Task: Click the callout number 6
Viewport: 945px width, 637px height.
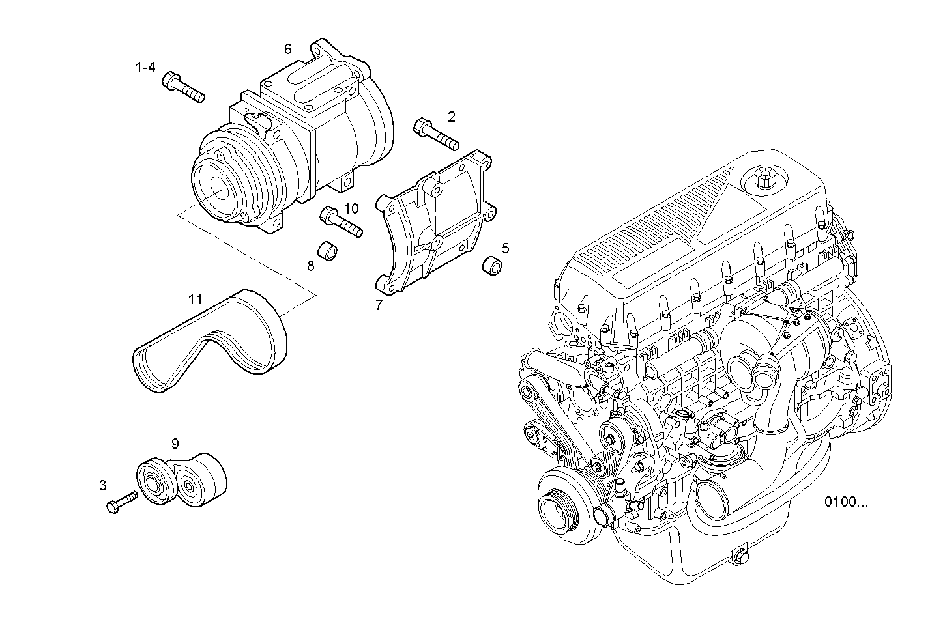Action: (x=287, y=49)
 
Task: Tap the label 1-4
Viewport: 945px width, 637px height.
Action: (x=145, y=67)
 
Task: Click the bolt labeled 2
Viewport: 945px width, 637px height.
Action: (x=435, y=134)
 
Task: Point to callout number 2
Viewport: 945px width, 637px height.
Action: (x=451, y=117)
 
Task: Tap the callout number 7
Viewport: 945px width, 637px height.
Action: (x=379, y=305)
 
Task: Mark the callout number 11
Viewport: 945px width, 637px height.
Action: (x=195, y=300)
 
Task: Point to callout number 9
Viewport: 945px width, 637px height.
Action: (x=175, y=444)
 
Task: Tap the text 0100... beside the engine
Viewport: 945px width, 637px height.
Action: (x=846, y=502)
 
